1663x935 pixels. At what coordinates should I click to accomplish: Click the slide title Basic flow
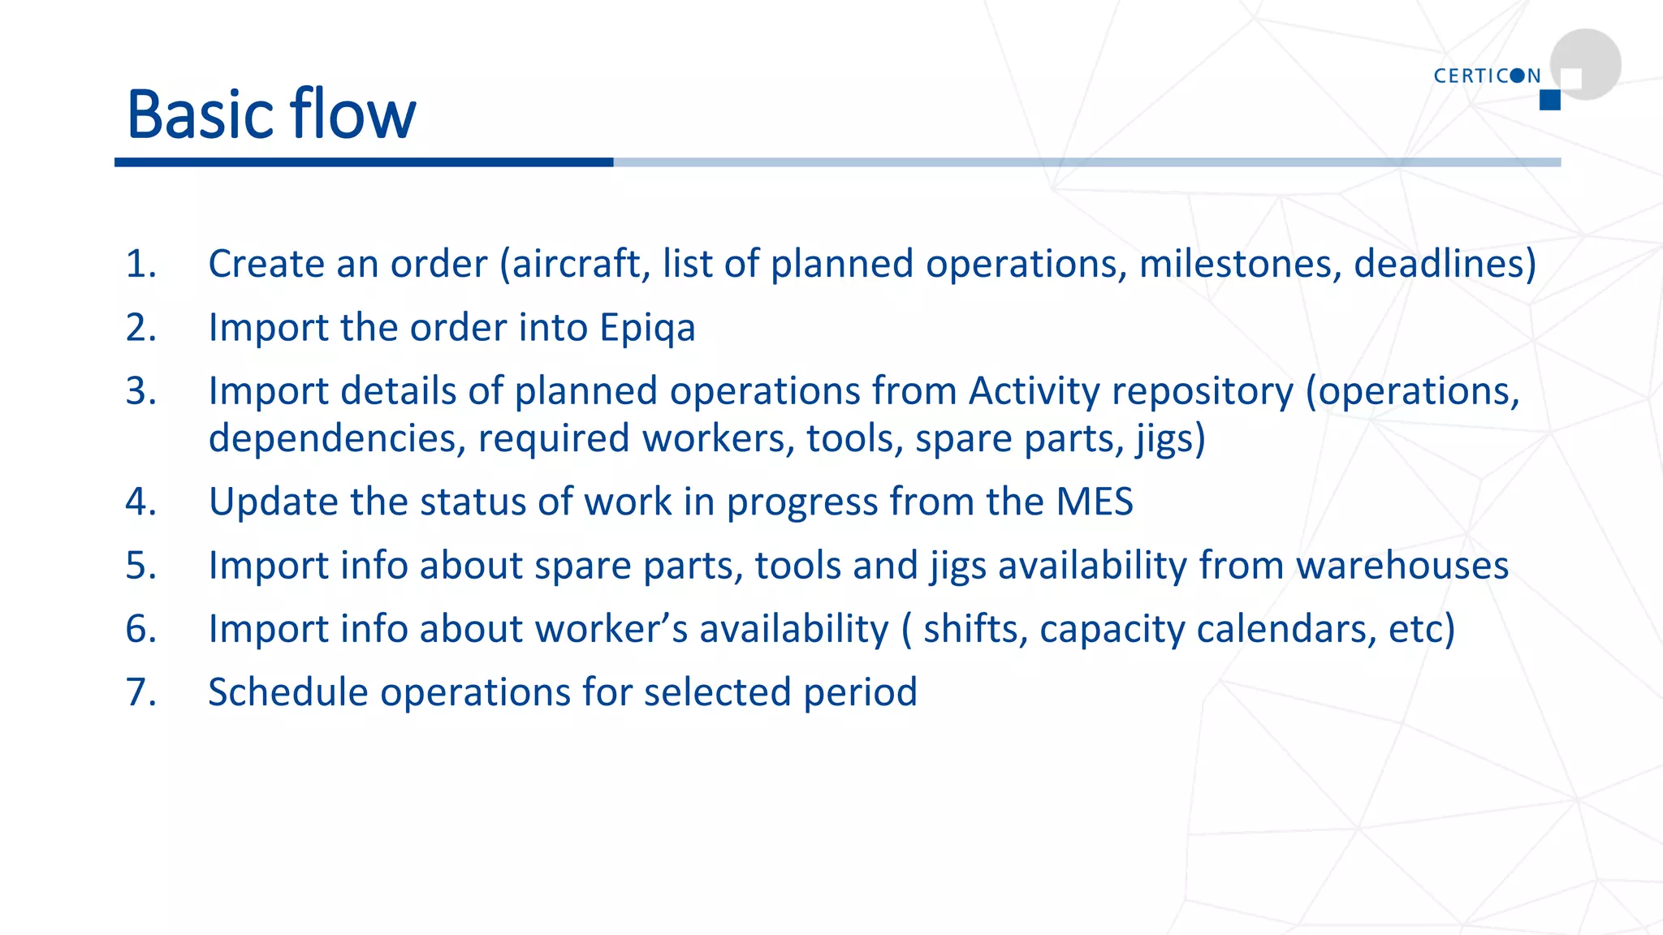pos(271,114)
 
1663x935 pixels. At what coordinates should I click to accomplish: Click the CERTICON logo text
pos(1487,76)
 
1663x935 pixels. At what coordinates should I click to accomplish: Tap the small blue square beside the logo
pos(1549,100)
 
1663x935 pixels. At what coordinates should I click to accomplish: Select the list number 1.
pos(140,265)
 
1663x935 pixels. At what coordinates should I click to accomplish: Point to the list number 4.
pos(140,502)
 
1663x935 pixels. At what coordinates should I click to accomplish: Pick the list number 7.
pos(140,693)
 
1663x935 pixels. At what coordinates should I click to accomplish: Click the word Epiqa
pos(647,329)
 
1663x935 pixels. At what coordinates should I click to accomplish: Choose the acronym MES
pos(1094,502)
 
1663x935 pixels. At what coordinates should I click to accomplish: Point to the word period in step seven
pos(860,693)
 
